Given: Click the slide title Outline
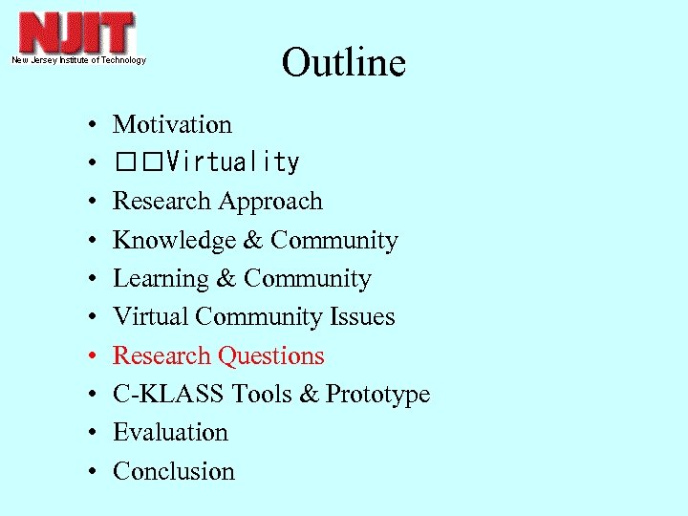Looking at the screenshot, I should (x=343, y=63).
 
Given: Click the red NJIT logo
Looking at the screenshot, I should (x=77, y=33).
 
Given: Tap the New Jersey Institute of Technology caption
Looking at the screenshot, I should (x=78, y=60).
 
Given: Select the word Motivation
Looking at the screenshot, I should (x=172, y=124).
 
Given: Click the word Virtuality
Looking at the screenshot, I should (x=232, y=163).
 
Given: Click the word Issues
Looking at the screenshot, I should (x=363, y=317).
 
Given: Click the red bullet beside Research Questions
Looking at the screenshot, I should (x=87, y=356).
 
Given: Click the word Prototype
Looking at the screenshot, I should (x=378, y=395).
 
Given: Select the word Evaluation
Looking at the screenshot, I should (x=170, y=433).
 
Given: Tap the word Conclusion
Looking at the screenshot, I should (x=173, y=471).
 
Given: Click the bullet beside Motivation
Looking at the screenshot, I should (x=87, y=125).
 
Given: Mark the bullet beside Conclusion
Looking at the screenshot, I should (x=87, y=472).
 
